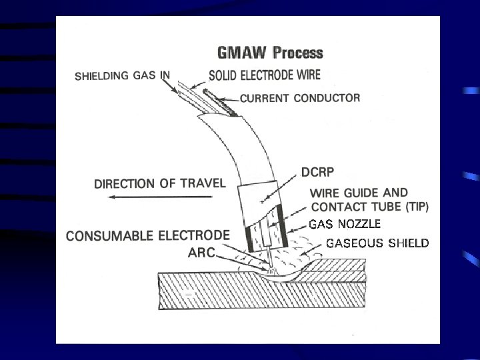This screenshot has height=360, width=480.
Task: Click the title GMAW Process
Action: [x=270, y=53]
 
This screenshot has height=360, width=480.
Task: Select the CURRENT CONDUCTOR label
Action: [x=300, y=98]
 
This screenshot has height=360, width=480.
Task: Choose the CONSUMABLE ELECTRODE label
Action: [x=148, y=235]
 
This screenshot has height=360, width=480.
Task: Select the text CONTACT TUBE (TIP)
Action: [x=370, y=207]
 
